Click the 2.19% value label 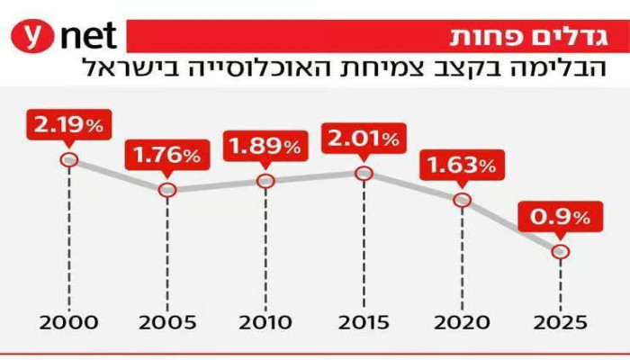[x=67, y=125]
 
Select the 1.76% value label [x=166, y=155]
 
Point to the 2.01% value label [x=364, y=139]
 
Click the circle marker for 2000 [x=67, y=160]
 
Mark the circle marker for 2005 [x=166, y=190]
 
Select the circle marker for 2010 [x=265, y=181]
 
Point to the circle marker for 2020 [x=463, y=200]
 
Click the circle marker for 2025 [x=560, y=252]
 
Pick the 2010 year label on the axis [x=265, y=322]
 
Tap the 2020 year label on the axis [x=463, y=322]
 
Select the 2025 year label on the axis [x=560, y=322]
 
